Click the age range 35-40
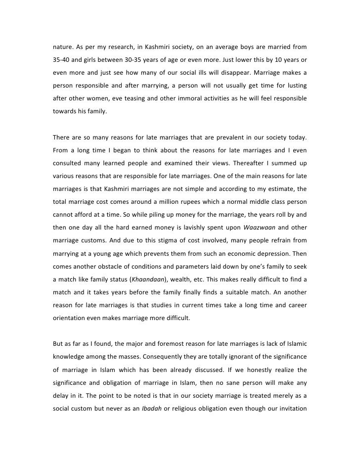62,60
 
